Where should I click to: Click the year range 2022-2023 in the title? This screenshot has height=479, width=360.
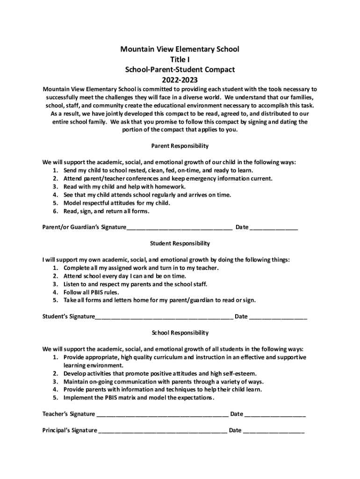click(x=180, y=80)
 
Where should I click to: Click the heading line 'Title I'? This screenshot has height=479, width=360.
click(x=180, y=59)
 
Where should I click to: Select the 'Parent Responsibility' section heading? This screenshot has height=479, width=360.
click(x=180, y=146)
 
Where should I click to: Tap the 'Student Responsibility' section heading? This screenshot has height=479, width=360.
click(x=180, y=243)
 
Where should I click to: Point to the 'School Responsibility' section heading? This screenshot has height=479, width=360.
click(x=180, y=333)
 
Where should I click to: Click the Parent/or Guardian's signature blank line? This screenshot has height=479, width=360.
click(x=180, y=228)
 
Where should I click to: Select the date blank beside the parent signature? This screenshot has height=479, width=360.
click(x=274, y=228)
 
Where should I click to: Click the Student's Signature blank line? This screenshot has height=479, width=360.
click(x=164, y=317)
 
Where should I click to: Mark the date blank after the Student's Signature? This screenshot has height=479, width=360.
click(x=279, y=317)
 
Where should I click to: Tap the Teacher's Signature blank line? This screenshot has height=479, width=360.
click(x=162, y=414)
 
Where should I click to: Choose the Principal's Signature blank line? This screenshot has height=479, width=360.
click(x=163, y=431)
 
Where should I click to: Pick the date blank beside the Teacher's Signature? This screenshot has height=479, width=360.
click(x=275, y=414)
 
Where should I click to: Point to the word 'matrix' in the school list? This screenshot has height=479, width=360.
click(x=127, y=398)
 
